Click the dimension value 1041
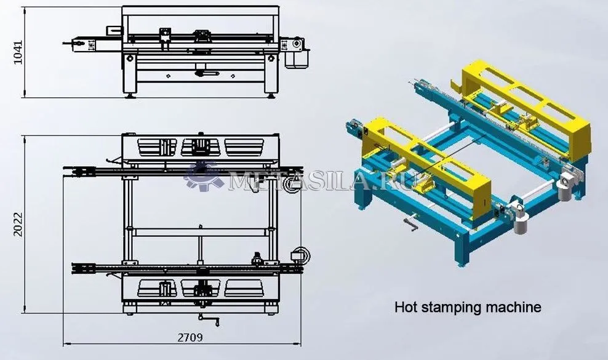[18, 52]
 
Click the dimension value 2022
[18, 225]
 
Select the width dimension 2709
[190, 337]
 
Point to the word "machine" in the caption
[513, 307]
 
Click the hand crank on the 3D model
[410, 223]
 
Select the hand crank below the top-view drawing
[209, 319]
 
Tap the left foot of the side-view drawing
[130, 94]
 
